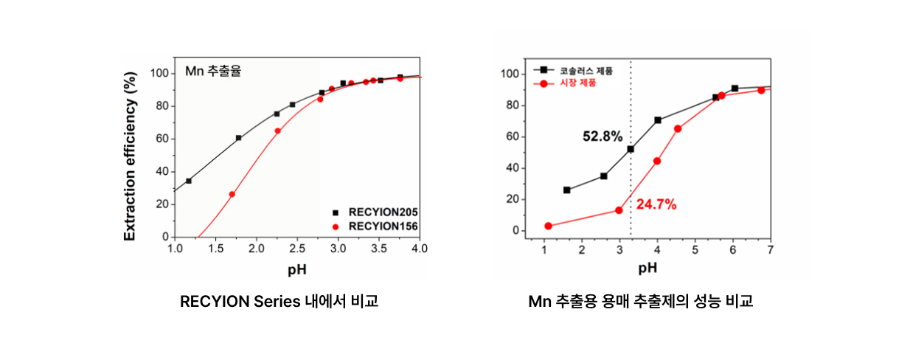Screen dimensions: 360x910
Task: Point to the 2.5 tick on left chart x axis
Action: pos(296,249)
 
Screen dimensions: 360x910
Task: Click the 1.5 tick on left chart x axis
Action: pos(215,249)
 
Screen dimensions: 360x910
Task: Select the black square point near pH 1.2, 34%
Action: pos(189,181)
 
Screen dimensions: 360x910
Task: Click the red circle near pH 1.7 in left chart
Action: pos(232,194)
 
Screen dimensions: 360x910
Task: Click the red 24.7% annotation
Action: pos(656,204)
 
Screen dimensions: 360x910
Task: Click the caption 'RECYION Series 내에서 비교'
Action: pos(279,302)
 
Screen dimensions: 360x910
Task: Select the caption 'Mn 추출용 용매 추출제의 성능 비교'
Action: pos(641,302)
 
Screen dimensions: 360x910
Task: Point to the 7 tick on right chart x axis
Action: pos(770,250)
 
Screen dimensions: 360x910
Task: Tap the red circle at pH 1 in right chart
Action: pos(548,226)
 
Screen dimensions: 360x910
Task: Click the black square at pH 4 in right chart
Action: pos(657,120)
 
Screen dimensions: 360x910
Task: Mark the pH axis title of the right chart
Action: pos(647,267)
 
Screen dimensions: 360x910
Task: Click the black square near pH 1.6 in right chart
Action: pos(566,190)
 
